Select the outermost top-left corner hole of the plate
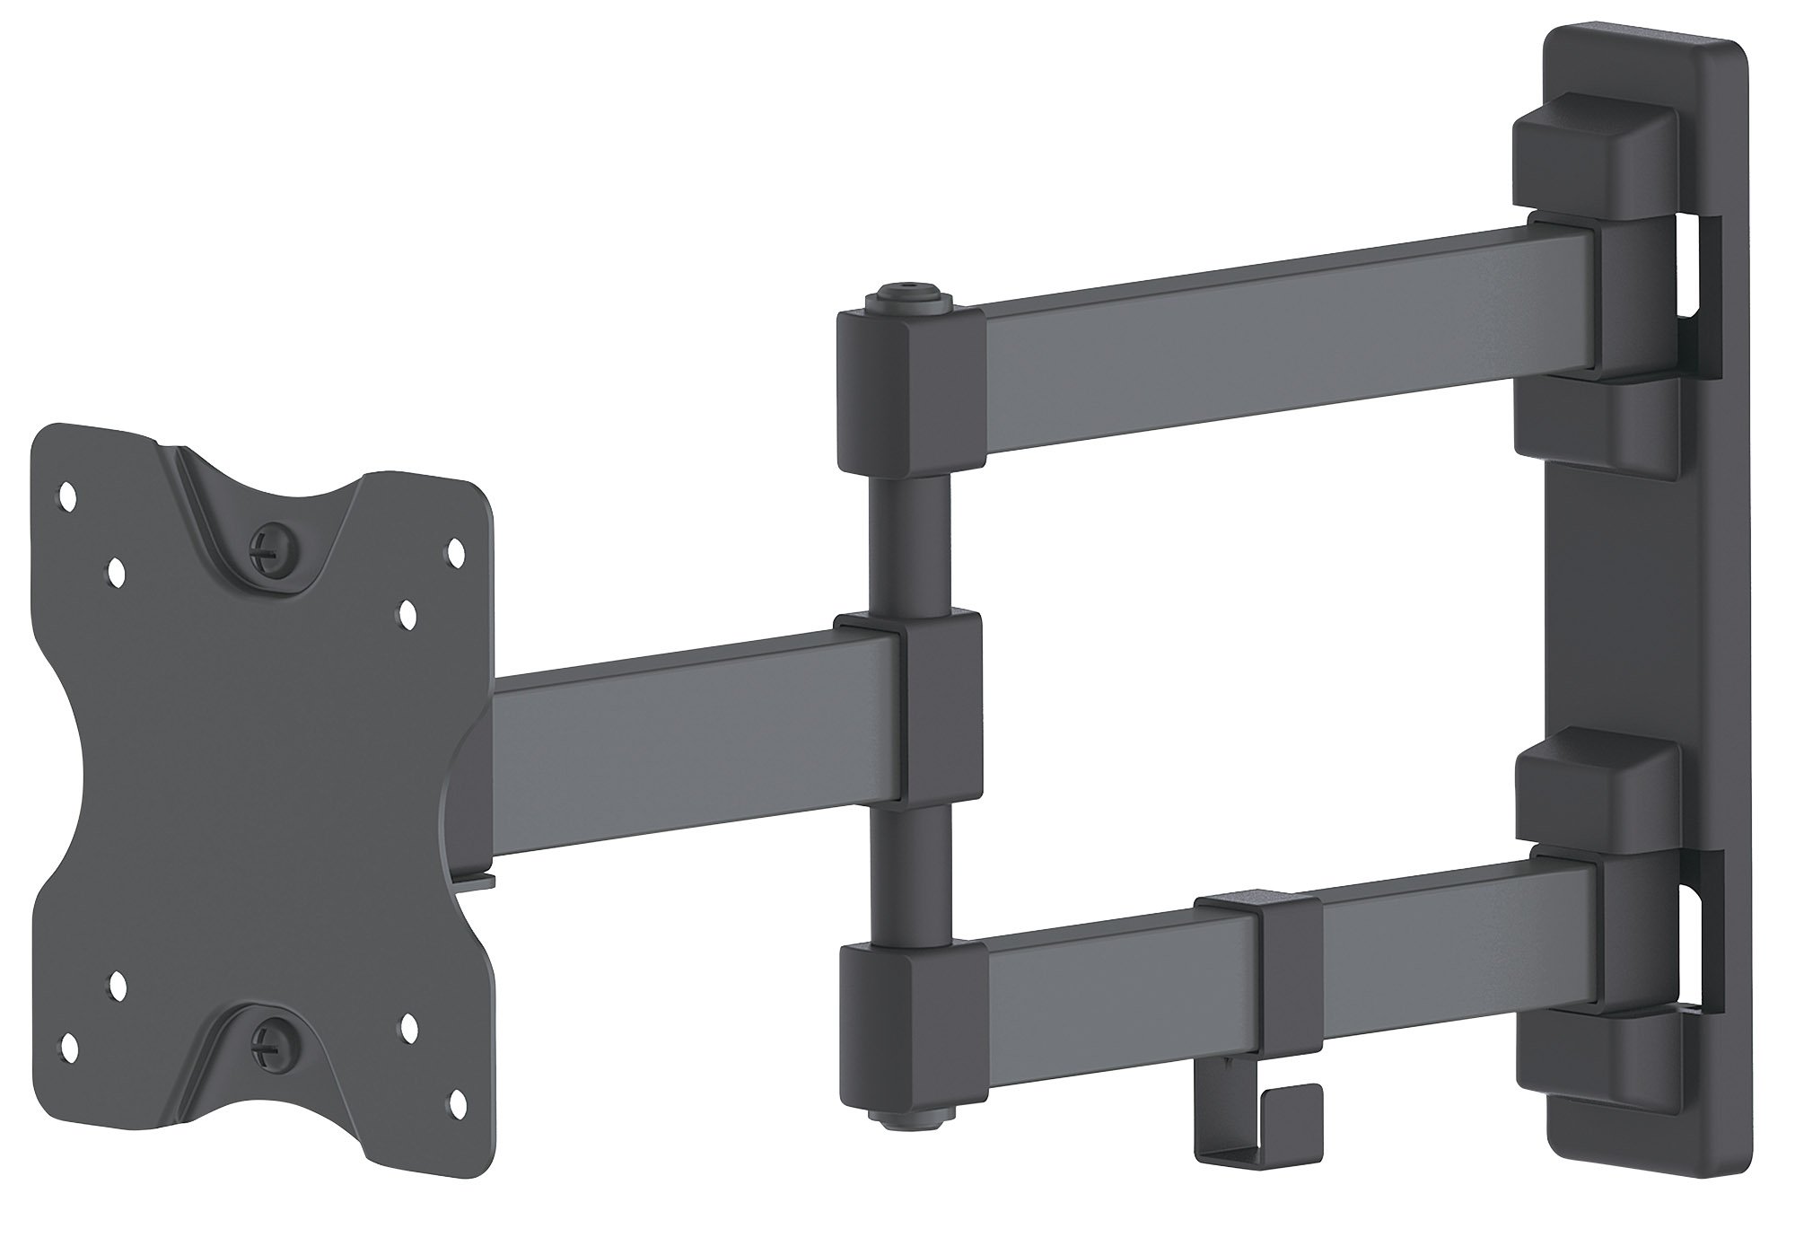[x=66, y=493]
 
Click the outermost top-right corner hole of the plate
[x=454, y=546]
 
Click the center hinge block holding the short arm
[x=906, y=705]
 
